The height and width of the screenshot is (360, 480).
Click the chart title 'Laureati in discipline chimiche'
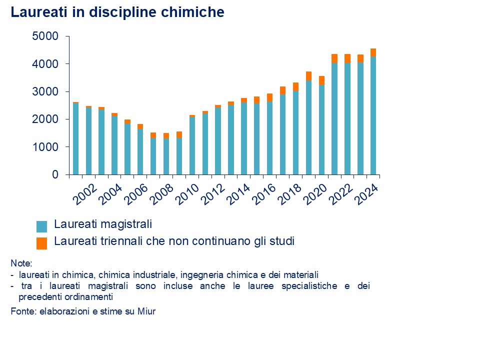pos(117,12)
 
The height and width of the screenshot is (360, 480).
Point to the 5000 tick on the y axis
pos(45,36)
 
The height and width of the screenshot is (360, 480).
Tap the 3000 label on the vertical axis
pos(45,92)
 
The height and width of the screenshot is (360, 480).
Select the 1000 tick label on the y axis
pos(45,147)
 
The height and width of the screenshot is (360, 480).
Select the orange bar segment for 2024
pos(373,52)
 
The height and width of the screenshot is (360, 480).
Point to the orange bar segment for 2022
pos(347,58)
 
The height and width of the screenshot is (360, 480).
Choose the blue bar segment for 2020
pos(321,129)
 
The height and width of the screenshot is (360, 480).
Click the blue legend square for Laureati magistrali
pos(42,226)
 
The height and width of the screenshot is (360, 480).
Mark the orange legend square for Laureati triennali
pos(42,243)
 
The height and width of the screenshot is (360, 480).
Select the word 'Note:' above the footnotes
pos(21,263)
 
